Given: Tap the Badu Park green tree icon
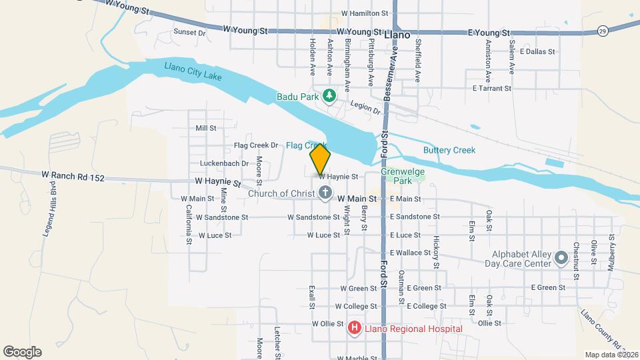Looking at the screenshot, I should click(x=329, y=97).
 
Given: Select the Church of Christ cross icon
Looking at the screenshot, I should click(x=325, y=194).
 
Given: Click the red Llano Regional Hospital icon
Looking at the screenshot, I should click(x=355, y=328).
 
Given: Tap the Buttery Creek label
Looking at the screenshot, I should click(x=449, y=150).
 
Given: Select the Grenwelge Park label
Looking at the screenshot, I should click(x=402, y=175).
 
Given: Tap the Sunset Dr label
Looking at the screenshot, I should click(x=189, y=32).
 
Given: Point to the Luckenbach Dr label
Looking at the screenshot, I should click(x=224, y=163).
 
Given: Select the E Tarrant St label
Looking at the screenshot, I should click(x=491, y=88).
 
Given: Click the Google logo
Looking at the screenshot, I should click(x=22, y=351).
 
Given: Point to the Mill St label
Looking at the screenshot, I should click(x=206, y=128).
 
